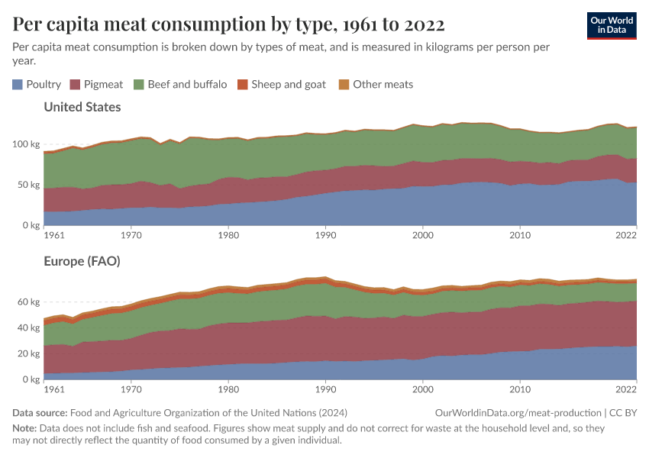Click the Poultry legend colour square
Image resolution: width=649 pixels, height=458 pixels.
click(x=18, y=84)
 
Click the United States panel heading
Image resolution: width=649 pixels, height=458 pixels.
click(x=82, y=107)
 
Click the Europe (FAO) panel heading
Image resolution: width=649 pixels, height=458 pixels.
click(x=82, y=261)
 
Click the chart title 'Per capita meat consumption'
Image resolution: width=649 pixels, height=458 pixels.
click(x=229, y=24)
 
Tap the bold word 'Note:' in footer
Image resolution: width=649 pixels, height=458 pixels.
click(x=26, y=428)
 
